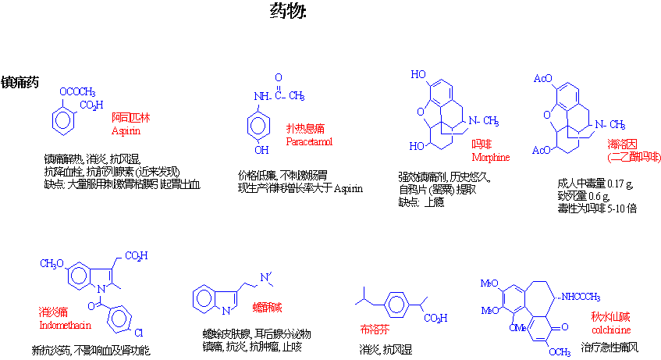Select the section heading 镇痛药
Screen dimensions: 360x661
21,81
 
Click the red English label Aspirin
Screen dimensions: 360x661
126,130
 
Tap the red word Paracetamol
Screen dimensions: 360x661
309,141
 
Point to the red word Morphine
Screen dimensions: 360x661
490,157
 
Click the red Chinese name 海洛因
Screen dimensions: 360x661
623,144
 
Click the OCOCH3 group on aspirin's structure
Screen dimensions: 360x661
76,91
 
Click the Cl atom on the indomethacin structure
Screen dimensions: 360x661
139,333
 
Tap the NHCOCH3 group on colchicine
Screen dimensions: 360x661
581,297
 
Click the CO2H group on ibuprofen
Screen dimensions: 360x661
436,318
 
